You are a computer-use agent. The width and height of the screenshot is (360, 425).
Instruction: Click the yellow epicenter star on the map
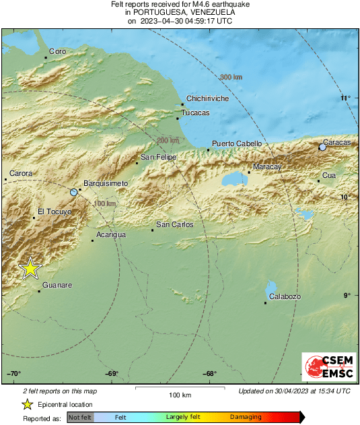(30, 268)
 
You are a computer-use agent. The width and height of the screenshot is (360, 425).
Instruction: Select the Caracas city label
(337, 142)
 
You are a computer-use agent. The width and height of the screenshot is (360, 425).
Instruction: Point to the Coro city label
(57, 51)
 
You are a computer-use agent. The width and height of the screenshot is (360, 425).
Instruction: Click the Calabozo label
(285, 297)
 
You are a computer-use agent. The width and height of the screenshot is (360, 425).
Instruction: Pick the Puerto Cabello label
(234, 143)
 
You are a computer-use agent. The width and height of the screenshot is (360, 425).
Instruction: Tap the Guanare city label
(57, 286)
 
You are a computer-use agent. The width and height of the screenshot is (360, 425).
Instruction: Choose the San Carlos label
(174, 224)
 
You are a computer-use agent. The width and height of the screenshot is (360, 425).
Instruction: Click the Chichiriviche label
(207, 98)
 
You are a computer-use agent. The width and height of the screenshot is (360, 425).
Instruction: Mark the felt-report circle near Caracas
(323, 147)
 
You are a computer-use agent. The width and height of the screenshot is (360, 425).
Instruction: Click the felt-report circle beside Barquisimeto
(74, 193)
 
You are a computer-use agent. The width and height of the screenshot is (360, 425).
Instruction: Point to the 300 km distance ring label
(231, 77)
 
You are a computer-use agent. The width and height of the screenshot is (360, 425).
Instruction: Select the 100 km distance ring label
(104, 203)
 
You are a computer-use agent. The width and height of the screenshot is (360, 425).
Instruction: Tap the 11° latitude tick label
(346, 98)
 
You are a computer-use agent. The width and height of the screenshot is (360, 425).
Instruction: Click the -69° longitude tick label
(112, 374)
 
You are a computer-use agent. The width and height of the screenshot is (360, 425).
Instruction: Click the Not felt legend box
(80, 418)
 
